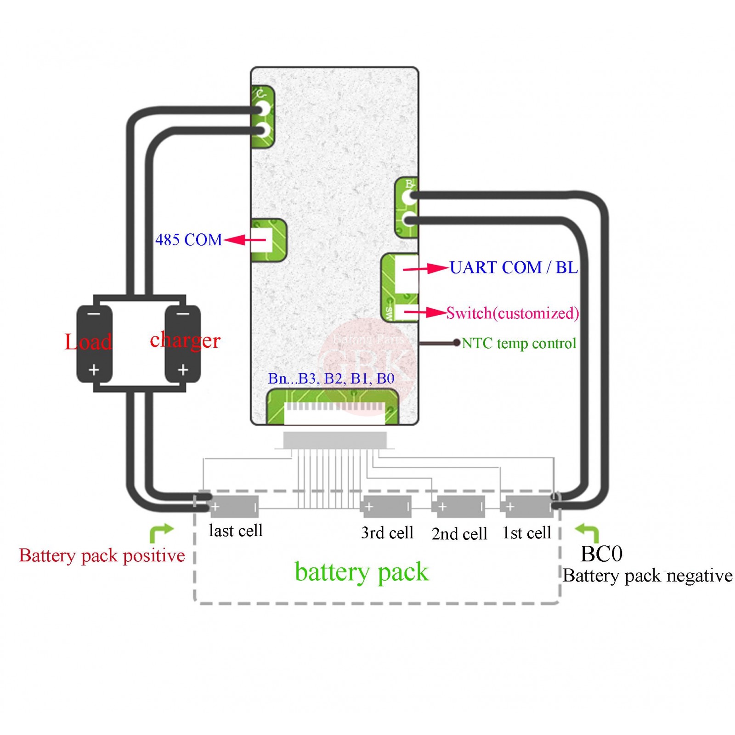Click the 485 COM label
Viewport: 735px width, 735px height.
[188, 240]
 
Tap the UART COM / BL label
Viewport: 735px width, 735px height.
[514, 267]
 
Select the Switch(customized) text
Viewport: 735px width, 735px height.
[512, 313]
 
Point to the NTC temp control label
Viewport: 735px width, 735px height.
[519, 343]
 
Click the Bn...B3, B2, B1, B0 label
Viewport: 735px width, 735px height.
[331, 379]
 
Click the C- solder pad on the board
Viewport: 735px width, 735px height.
[263, 109]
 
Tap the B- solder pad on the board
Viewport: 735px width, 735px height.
[409, 198]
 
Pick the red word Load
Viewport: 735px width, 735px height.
[88, 342]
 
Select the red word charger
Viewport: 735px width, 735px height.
[185, 340]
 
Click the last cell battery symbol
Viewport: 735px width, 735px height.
[234, 507]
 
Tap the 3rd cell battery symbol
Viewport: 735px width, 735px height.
[387, 507]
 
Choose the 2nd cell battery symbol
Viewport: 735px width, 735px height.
[460, 507]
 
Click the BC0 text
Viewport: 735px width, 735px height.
[601, 554]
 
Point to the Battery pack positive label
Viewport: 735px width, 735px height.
[102, 555]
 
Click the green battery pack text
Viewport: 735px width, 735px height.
[362, 572]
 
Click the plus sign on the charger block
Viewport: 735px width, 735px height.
[183, 369]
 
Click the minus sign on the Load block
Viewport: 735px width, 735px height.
[94, 314]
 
